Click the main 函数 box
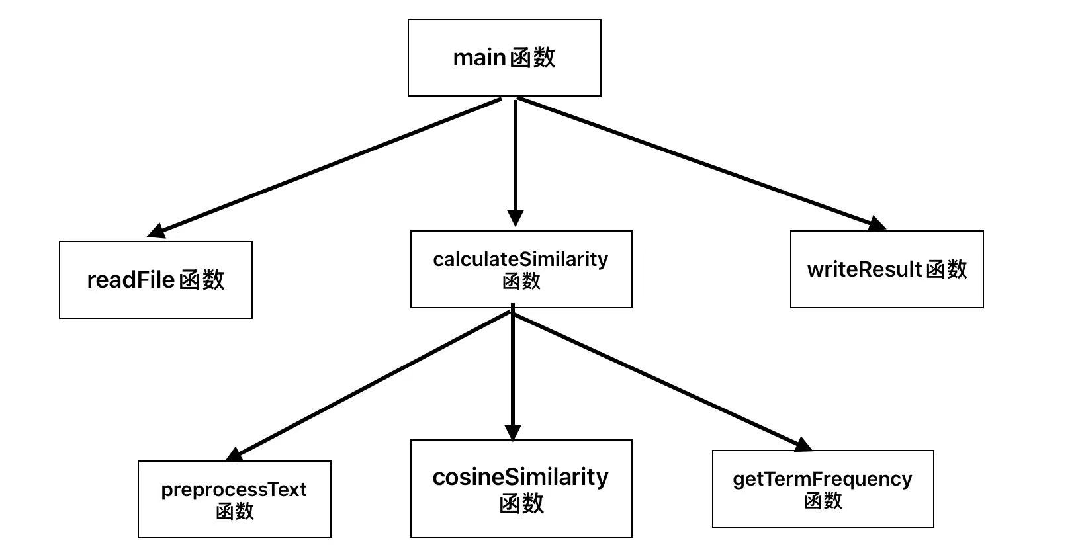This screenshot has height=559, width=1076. point(504,58)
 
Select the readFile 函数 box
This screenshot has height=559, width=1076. point(156,280)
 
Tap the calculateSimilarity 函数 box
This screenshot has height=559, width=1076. point(521,269)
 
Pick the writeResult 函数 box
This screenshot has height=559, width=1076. point(887,269)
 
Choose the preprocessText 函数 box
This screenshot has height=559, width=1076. point(234,499)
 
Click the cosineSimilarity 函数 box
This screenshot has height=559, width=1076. point(521,489)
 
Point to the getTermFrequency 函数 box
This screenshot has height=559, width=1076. point(823,489)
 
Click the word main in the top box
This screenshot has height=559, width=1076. point(479,58)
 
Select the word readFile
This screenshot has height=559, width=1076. point(130,280)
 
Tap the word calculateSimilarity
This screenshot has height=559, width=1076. point(520,259)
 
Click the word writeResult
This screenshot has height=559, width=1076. point(864,269)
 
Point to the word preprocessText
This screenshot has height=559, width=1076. point(234,490)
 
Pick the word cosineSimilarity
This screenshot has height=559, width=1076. point(520,477)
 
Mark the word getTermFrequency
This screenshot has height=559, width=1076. point(822,478)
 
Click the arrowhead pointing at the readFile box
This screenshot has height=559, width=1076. point(156,231)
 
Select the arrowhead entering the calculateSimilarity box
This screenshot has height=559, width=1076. point(516,218)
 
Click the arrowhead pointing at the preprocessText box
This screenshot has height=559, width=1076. point(235,454)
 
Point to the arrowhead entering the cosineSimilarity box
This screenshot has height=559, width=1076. point(513,433)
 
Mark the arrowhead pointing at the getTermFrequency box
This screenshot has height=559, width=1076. point(802,445)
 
